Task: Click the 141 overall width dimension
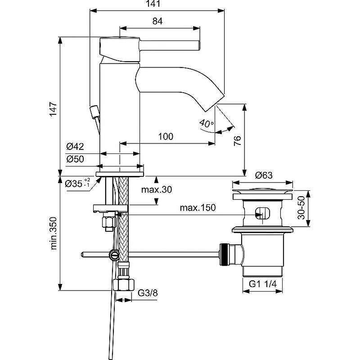point(153,4)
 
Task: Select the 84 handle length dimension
point(157,21)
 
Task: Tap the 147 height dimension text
point(53,109)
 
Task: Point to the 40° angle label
point(207,123)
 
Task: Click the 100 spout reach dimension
point(166,137)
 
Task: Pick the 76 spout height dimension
point(238,141)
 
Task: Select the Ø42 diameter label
point(75,146)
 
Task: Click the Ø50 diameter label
point(75,159)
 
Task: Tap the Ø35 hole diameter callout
point(77,183)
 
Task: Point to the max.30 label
point(157,189)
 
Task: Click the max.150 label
point(198,208)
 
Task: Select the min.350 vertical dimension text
point(54,233)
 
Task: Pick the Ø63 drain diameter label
point(264,175)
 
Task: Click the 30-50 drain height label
point(301,208)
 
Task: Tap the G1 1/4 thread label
point(263,284)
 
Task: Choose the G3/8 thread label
point(148,293)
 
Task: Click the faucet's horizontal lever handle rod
point(170,45)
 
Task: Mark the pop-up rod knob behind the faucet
point(94,112)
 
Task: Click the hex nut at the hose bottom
point(123,285)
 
